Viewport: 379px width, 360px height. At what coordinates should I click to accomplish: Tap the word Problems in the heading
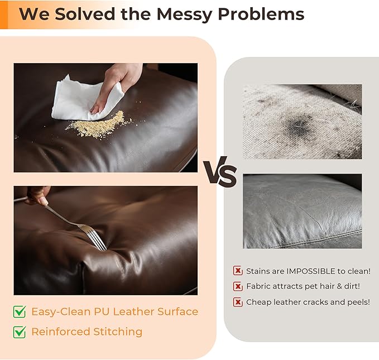(x=261, y=15)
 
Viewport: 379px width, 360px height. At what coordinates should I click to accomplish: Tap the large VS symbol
(x=220, y=172)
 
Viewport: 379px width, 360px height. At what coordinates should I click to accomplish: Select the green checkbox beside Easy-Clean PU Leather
(x=20, y=311)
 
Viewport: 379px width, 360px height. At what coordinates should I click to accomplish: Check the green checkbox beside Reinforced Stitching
(x=20, y=332)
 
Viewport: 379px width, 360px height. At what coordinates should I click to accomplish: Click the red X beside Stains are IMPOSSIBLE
(x=238, y=271)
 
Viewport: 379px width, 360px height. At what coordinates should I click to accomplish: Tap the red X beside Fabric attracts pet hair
(x=238, y=286)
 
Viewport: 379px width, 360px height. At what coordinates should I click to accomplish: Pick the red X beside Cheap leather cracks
(x=238, y=302)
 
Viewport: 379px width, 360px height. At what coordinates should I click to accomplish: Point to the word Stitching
(x=118, y=332)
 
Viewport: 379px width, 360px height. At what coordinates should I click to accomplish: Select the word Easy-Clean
(x=61, y=311)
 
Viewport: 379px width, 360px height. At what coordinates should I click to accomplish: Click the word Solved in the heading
(x=85, y=14)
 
